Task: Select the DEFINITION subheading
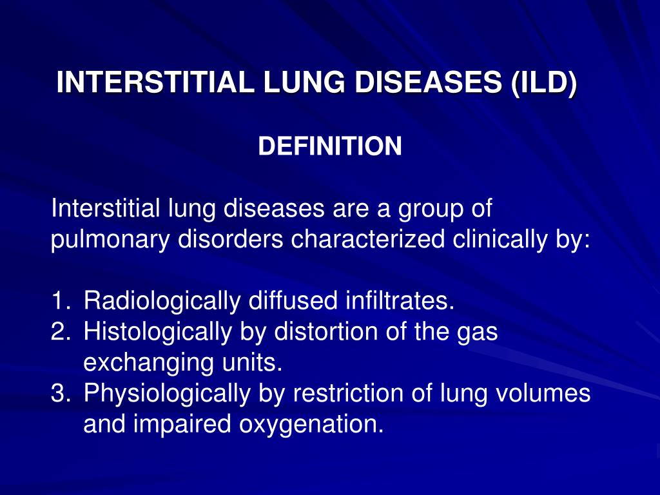click(x=330, y=147)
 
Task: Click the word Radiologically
click(x=160, y=300)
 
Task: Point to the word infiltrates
click(x=400, y=300)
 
